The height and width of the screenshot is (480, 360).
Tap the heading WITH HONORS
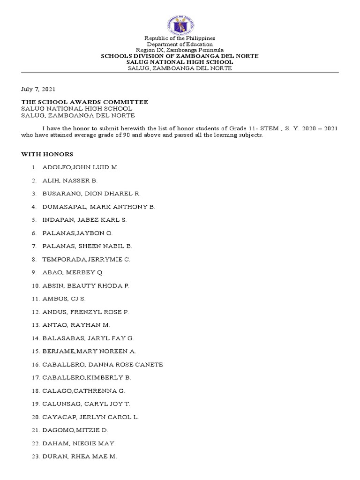pyautogui.click(x=46, y=154)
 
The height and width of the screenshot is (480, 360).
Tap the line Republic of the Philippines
pyautogui.click(x=180, y=38)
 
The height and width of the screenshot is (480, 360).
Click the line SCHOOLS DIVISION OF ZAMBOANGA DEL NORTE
pyautogui.click(x=180, y=56)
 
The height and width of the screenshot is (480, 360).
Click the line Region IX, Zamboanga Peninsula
pyautogui.click(x=180, y=50)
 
